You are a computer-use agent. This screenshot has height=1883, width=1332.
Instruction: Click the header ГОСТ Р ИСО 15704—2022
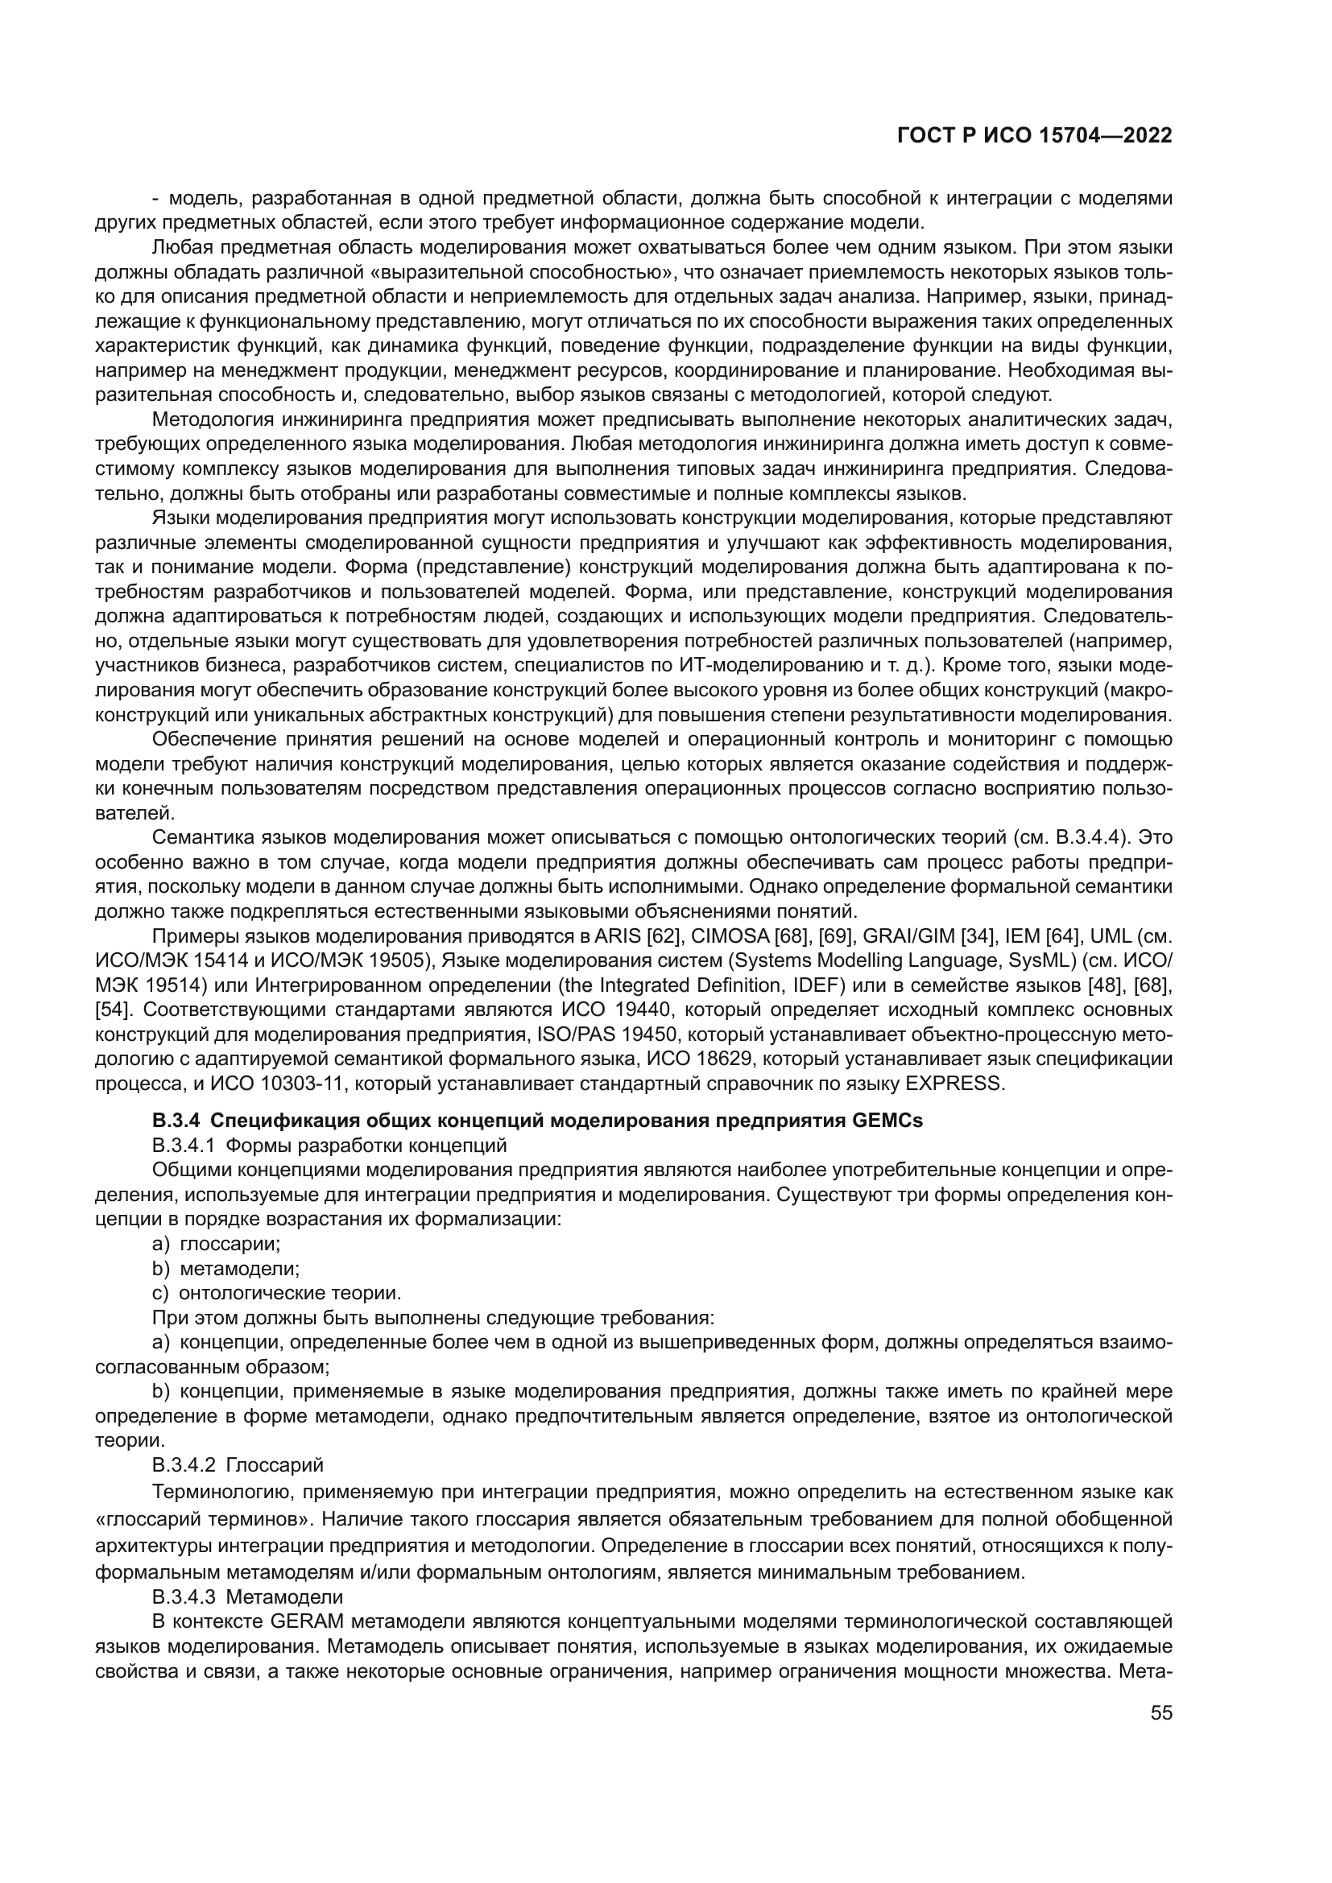coord(1035,136)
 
